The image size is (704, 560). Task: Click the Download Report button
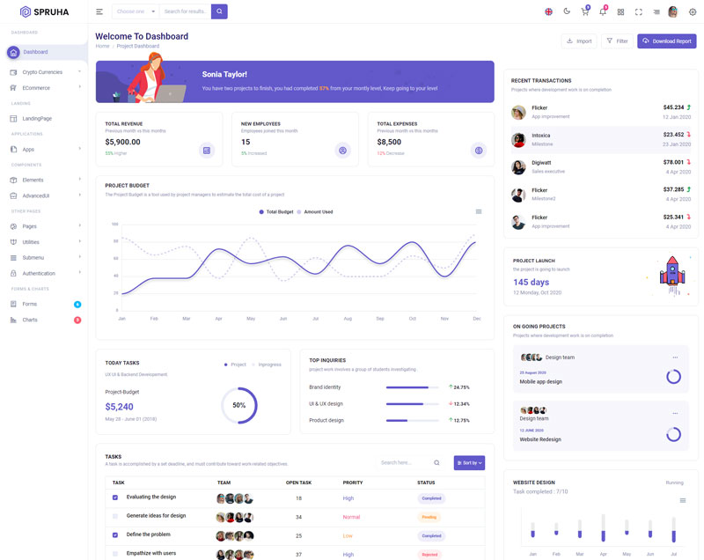(666, 41)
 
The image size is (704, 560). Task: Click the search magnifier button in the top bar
(219, 11)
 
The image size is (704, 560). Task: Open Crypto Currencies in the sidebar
(42, 72)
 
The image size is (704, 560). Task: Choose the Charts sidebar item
(30, 320)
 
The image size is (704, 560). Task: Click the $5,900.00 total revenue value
(122, 142)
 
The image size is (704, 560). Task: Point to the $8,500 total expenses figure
(389, 142)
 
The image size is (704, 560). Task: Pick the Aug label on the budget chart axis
(348, 318)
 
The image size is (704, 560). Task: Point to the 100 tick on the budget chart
(114, 225)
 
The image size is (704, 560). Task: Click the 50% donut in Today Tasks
(238, 405)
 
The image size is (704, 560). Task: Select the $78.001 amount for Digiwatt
(672, 162)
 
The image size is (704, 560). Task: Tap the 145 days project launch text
(532, 283)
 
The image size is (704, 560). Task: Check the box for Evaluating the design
(114, 497)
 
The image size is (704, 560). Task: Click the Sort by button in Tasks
(469, 462)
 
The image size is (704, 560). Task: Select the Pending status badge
(429, 517)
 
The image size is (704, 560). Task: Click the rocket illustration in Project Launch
(671, 271)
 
